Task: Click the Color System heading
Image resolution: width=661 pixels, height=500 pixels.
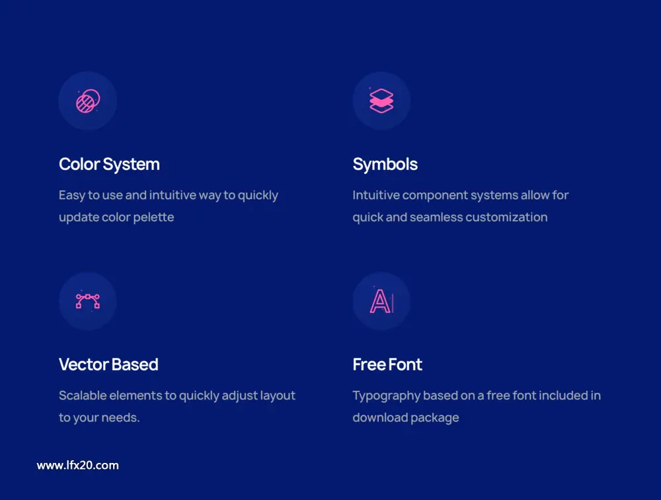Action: (109, 165)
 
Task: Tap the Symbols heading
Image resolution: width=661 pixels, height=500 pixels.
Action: (385, 165)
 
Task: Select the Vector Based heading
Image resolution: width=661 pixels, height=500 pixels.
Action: (108, 364)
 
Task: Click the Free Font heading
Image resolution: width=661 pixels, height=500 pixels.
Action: (387, 364)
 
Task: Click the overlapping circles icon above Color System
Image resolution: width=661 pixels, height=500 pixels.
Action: (88, 101)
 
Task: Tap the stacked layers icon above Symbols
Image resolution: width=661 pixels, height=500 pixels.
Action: (381, 101)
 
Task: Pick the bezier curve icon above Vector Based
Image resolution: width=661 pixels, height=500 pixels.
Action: (88, 302)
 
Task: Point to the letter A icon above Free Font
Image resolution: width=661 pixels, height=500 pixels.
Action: (381, 301)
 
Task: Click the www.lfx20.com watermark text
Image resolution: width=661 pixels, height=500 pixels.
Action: (77, 466)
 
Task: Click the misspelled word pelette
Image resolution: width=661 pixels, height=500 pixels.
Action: (153, 218)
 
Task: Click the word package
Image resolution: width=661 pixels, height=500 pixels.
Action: (435, 418)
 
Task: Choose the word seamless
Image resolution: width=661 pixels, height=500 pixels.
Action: (436, 218)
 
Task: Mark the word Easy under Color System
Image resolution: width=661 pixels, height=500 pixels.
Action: (72, 196)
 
